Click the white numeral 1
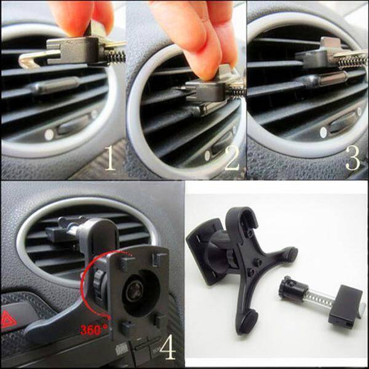(109, 157)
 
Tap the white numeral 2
(232, 157)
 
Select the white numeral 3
(353, 157)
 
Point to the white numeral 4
(167, 347)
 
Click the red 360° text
(94, 330)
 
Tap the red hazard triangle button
(7, 319)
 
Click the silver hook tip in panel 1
(26, 62)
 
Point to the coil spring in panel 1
(116, 57)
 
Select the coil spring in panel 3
(352, 61)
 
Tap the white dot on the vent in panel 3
(323, 132)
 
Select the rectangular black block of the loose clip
(345, 306)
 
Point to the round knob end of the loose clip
(286, 288)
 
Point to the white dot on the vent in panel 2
(207, 156)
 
